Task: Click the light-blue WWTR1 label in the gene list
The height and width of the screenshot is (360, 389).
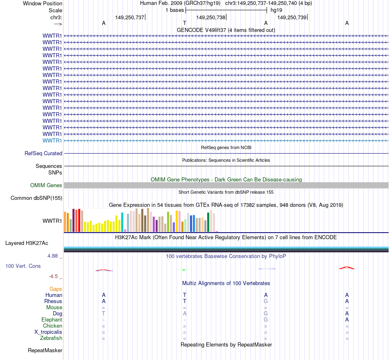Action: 52,140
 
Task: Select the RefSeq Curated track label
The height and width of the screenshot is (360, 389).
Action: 43,153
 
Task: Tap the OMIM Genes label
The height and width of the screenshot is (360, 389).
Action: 46,186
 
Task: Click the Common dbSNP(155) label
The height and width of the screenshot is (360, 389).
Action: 36,198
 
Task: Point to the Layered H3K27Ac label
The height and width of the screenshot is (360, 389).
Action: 27,243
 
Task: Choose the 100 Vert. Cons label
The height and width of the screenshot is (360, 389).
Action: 23,266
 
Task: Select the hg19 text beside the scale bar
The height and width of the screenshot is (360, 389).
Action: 276,10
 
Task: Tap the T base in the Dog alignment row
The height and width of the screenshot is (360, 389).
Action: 104,313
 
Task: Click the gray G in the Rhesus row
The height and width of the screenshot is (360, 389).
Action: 266,301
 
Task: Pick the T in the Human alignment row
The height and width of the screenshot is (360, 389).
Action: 185,295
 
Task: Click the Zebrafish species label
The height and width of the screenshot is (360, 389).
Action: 51,338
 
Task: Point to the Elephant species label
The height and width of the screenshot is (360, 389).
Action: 52,319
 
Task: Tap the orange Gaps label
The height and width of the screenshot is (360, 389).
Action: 56,289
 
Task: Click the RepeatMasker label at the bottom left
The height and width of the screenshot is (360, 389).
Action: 45,350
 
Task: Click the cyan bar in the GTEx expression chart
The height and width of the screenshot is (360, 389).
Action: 122,222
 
